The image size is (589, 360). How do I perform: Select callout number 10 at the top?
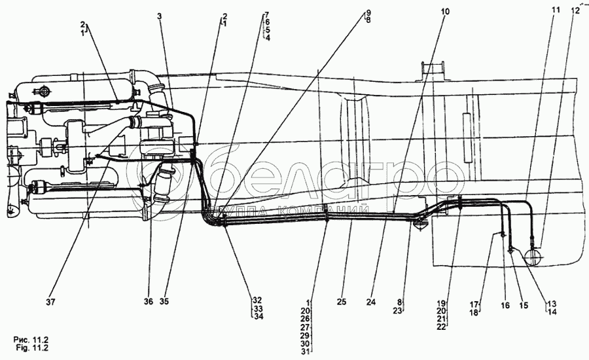445,12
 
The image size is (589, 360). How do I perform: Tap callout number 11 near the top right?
556,10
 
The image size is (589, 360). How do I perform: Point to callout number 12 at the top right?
575,10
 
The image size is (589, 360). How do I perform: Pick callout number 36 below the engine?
149,302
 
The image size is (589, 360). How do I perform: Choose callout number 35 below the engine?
164,302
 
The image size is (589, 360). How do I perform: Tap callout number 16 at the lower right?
505,305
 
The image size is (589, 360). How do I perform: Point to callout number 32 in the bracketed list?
257,301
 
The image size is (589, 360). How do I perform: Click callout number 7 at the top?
266,14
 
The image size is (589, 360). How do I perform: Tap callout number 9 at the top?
368,12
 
